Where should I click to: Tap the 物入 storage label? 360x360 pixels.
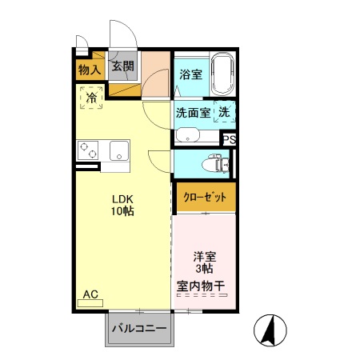click(x=90, y=70)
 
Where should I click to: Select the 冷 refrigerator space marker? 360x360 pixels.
click(x=91, y=98)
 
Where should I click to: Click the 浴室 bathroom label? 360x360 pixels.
click(x=190, y=75)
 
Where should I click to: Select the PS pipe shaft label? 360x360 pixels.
click(x=230, y=140)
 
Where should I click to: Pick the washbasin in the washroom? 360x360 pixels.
click(x=188, y=134)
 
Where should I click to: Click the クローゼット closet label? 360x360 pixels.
click(x=205, y=197)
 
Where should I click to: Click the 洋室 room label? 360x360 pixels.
click(x=204, y=258)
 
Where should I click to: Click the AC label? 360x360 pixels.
click(x=90, y=295)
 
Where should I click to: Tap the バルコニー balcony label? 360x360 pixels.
click(x=138, y=328)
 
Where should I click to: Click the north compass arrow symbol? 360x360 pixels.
click(x=270, y=329)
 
